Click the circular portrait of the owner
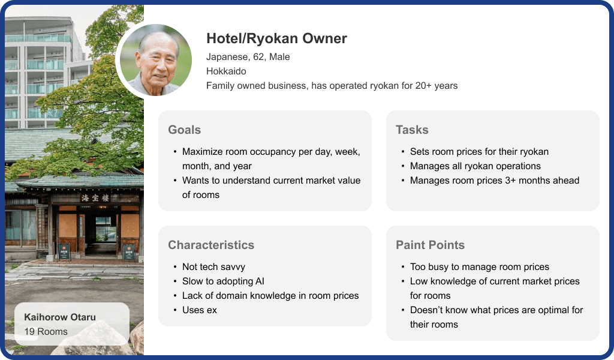[155, 60]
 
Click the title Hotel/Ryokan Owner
[276, 38]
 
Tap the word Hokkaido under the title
[226, 71]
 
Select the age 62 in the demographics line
[258, 57]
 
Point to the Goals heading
[185, 130]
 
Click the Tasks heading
[412, 130]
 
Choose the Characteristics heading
[211, 245]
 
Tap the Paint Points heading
[430, 245]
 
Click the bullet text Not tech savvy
[213, 267]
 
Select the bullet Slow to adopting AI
[223, 281]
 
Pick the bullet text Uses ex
[199, 310]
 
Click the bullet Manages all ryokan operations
[475, 166]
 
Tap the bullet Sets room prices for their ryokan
[479, 152]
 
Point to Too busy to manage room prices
[479, 267]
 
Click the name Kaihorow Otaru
[60, 317]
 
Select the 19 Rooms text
[46, 331]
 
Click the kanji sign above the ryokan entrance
[95, 198]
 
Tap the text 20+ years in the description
[437, 86]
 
